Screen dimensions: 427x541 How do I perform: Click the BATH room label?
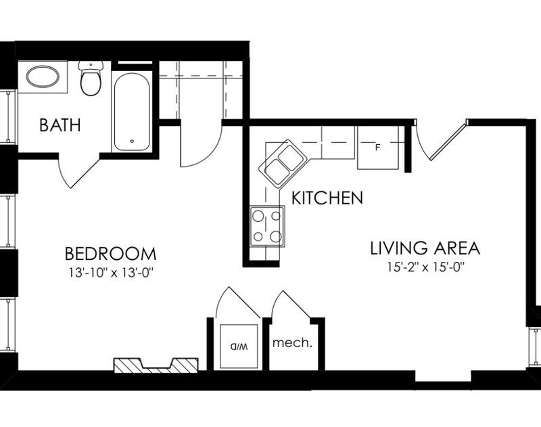pyautogui.click(x=60, y=125)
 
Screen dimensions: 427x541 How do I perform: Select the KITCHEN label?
pyautogui.click(x=327, y=198)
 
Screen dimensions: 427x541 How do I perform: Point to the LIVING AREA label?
pyautogui.click(x=425, y=248)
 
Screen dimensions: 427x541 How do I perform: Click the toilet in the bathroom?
pyautogui.click(x=89, y=79)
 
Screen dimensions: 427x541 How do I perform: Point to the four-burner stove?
pyautogui.click(x=267, y=226)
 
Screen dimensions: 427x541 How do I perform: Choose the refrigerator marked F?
pyautogui.click(x=379, y=147)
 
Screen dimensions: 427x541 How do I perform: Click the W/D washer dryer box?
pyautogui.click(x=238, y=345)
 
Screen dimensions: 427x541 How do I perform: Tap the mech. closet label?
pyautogui.click(x=291, y=342)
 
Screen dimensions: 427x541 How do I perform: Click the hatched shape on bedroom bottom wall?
pyautogui.click(x=156, y=365)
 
